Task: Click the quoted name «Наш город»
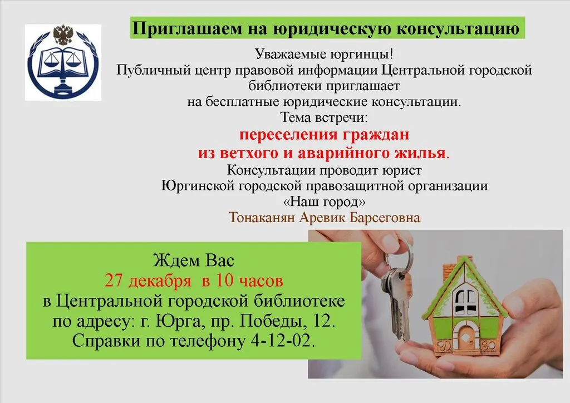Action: coord(325,201)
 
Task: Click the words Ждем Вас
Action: coord(194,260)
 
